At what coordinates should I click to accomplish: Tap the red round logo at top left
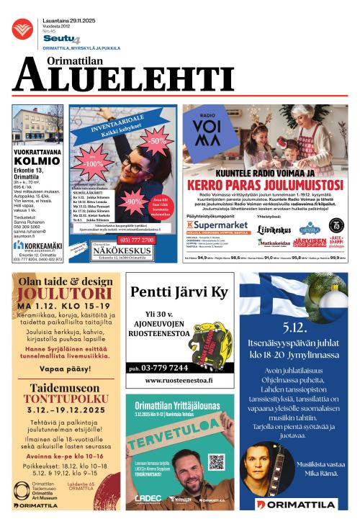point(22,30)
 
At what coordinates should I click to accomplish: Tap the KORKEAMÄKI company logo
point(37,245)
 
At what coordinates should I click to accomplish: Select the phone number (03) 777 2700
point(136,240)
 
